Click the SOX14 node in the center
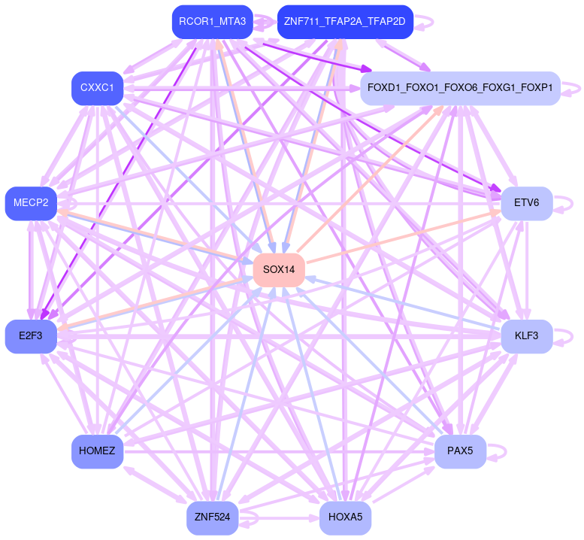point(279,270)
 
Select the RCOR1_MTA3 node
point(213,22)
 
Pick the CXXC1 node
point(97,89)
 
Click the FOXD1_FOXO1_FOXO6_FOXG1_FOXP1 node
point(460,89)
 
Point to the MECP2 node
point(31,203)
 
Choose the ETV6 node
point(527,203)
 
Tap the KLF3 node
point(526,336)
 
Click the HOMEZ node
point(97,451)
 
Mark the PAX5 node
point(460,451)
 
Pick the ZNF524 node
point(213,517)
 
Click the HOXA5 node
point(345,517)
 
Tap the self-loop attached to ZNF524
point(253,517)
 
